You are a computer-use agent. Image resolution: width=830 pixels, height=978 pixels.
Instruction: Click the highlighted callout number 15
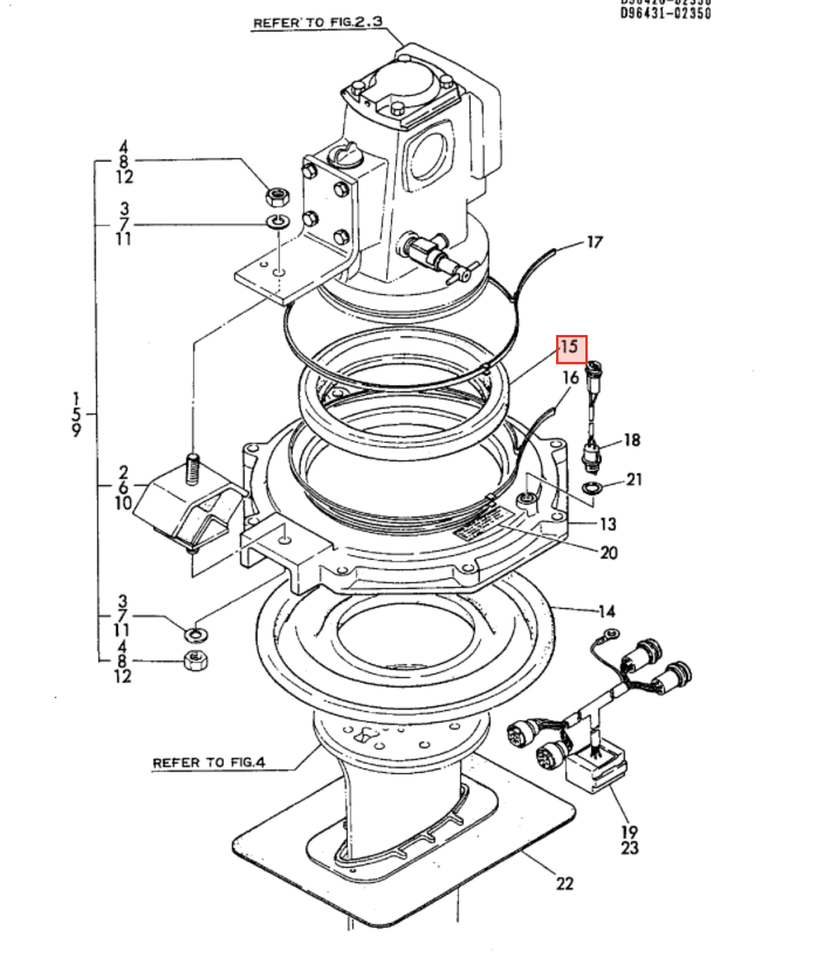pyautogui.click(x=571, y=349)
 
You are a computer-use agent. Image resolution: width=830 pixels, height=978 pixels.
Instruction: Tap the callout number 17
pyautogui.click(x=594, y=243)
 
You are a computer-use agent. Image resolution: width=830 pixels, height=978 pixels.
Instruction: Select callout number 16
pyautogui.click(x=570, y=377)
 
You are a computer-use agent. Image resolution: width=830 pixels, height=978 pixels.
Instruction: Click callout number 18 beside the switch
pyautogui.click(x=631, y=440)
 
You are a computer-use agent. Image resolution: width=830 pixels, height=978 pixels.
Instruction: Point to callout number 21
pyautogui.click(x=634, y=479)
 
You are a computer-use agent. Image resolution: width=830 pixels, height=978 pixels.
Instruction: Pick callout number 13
pyautogui.click(x=608, y=524)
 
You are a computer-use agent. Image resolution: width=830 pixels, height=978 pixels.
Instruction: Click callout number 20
pyautogui.click(x=608, y=553)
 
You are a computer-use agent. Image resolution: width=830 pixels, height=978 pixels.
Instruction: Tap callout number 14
pyautogui.click(x=606, y=611)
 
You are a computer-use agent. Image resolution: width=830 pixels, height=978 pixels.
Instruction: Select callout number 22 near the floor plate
pyautogui.click(x=564, y=883)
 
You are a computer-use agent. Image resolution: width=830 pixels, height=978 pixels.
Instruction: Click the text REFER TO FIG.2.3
pyautogui.click(x=318, y=23)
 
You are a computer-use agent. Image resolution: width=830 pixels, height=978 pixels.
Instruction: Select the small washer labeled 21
pyautogui.click(x=592, y=487)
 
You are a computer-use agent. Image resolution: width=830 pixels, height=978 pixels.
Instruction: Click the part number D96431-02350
pyautogui.click(x=666, y=13)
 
